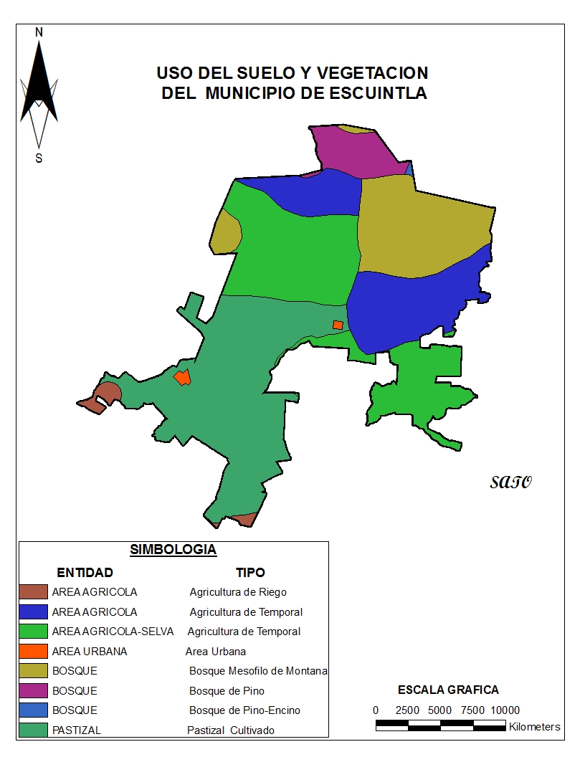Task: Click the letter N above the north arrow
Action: pos(39,32)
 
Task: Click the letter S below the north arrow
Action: pos(39,158)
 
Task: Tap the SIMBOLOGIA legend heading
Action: pos(173,550)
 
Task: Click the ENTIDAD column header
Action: pos(85,573)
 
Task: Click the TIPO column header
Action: pos(250,573)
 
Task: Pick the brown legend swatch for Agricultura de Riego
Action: pos(34,592)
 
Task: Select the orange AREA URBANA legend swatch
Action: pos(34,652)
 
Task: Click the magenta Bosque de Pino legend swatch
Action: pos(34,691)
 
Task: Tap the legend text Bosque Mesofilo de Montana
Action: pos(258,671)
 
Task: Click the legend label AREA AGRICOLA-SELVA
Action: pos(113,632)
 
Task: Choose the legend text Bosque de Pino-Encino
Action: pos(244,710)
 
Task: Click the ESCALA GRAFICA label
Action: pos(448,690)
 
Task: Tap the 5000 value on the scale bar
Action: pos(440,710)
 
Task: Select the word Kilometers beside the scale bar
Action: pos(535,727)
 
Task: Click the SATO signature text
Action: pos(511,482)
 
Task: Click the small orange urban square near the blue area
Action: pos(338,325)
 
